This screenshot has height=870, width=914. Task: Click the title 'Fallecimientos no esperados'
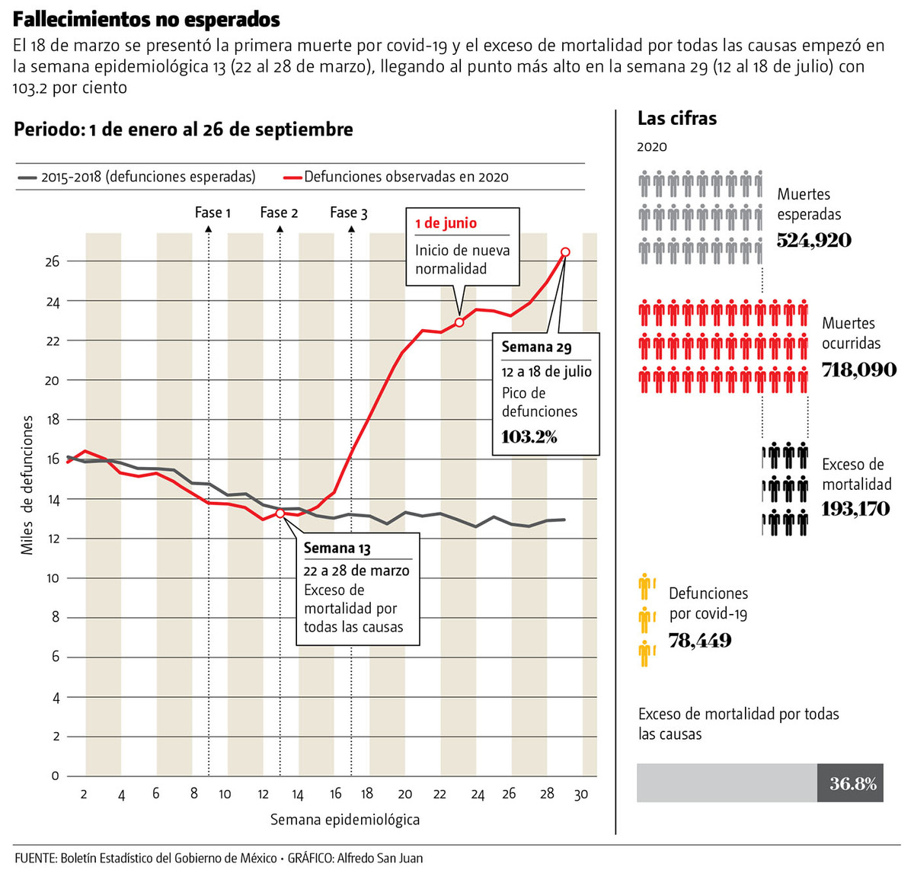(x=146, y=19)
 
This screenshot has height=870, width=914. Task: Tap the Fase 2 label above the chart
(x=279, y=213)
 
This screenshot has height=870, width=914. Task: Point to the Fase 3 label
(x=349, y=213)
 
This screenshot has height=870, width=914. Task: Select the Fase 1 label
(x=213, y=213)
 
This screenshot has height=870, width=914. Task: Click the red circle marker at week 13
(x=280, y=513)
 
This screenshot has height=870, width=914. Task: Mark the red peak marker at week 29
(x=565, y=252)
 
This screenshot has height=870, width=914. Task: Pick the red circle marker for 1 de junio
(x=459, y=322)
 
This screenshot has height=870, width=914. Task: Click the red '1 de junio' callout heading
(x=446, y=223)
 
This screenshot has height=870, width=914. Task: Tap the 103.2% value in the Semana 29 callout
(x=529, y=437)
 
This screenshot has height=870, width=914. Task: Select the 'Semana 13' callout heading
(x=337, y=548)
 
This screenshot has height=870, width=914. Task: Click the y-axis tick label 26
(x=53, y=261)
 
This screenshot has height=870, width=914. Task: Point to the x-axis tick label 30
(x=581, y=795)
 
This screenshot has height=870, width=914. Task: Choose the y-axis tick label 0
(x=55, y=776)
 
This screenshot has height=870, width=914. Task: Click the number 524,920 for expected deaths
(x=813, y=241)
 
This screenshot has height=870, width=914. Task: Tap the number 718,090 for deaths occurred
(x=858, y=370)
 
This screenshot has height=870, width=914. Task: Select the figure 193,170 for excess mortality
(x=855, y=508)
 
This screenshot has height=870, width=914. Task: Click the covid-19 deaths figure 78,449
(x=700, y=641)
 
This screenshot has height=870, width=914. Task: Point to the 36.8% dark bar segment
(x=851, y=783)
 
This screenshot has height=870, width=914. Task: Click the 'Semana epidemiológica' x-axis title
(x=345, y=820)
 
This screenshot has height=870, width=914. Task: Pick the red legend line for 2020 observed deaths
(x=292, y=177)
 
